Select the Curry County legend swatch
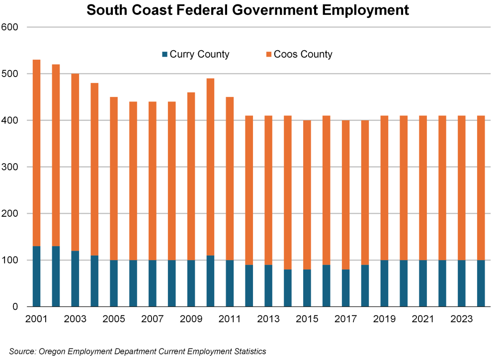165,54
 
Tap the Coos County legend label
303,54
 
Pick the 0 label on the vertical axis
15,307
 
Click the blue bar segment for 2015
307,288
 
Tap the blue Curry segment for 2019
384,283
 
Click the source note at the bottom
138,352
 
